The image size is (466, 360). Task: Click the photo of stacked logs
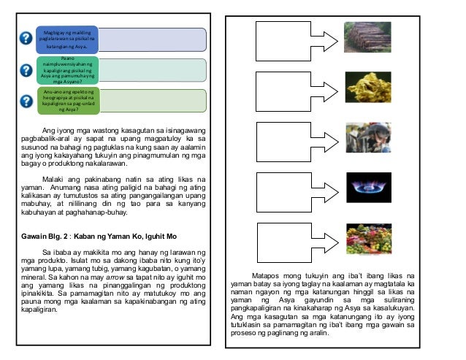(x=367, y=36)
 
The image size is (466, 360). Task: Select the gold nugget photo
(x=367, y=86)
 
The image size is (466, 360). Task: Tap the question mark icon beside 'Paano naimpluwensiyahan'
(x=27, y=69)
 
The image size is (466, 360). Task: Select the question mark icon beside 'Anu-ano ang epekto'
(x=27, y=100)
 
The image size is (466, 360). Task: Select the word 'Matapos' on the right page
(x=270, y=277)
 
